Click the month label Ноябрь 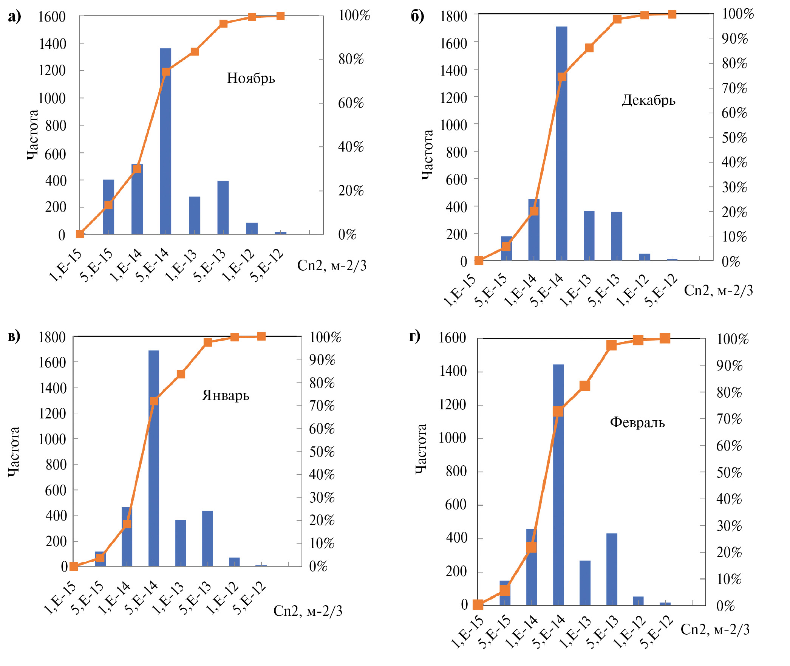(x=251, y=78)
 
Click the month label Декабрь (x=648, y=100)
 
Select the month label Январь (x=226, y=395)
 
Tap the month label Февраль (x=637, y=422)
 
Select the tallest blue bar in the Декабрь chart (x=561, y=151)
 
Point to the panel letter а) (x=14, y=17)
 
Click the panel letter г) (x=414, y=336)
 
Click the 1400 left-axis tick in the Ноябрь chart (x=53, y=44)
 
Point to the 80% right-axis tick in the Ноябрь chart (x=351, y=59)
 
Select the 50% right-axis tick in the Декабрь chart (x=734, y=138)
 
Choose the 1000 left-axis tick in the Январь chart (x=53, y=439)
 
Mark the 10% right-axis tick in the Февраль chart (x=729, y=579)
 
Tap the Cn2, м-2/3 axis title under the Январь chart (x=308, y=611)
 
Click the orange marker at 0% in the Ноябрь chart (x=80, y=234)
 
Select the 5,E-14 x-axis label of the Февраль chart (x=549, y=631)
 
